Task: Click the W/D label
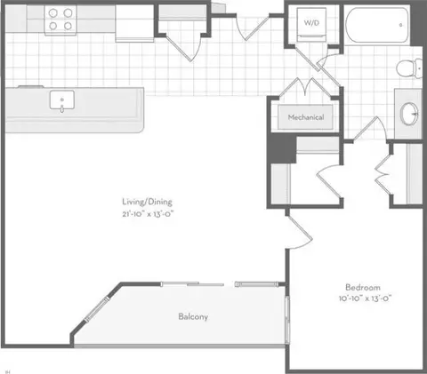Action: point(311,23)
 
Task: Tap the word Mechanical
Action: point(306,117)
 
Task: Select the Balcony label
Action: point(193,316)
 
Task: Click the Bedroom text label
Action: point(363,287)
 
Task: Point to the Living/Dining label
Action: point(147,202)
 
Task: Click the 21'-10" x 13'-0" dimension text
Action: point(148,213)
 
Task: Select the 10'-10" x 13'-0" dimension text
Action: point(365,298)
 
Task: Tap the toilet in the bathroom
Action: point(409,68)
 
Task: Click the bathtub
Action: point(377,25)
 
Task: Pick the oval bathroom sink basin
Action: point(409,114)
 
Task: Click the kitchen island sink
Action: point(62,100)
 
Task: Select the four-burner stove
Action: point(60,20)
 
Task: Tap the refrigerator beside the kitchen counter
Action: point(134,23)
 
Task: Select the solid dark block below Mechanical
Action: point(283,148)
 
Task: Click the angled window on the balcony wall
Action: point(97,309)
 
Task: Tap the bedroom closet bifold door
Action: point(383,175)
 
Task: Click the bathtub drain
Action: point(400,25)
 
